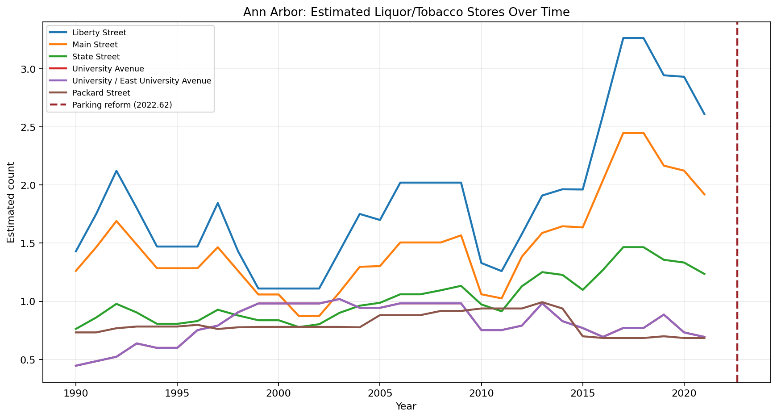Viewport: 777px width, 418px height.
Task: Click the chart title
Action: tap(406, 12)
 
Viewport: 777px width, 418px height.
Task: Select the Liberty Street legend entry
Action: tap(99, 33)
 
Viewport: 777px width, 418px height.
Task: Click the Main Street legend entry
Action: tap(95, 45)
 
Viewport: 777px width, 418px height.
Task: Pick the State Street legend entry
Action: tap(96, 57)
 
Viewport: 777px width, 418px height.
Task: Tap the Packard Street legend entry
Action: tap(101, 93)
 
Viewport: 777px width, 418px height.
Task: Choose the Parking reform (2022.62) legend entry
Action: tap(122, 105)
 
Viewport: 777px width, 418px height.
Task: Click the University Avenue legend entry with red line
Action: tap(108, 69)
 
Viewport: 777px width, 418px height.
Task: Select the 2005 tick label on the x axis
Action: tap(379, 393)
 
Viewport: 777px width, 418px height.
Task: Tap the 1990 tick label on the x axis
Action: tap(75, 393)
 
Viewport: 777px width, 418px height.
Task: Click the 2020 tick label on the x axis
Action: tap(684, 393)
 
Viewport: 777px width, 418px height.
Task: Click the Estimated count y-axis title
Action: tap(11, 202)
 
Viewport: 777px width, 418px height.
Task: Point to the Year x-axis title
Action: tap(406, 406)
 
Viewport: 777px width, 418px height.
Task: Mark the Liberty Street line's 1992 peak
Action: tap(116, 171)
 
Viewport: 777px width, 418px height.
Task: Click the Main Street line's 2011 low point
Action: tap(502, 298)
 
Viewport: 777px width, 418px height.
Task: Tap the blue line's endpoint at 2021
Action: tap(704, 114)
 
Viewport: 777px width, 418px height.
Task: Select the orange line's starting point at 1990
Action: tap(76, 271)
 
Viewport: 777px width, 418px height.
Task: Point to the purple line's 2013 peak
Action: tap(542, 303)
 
